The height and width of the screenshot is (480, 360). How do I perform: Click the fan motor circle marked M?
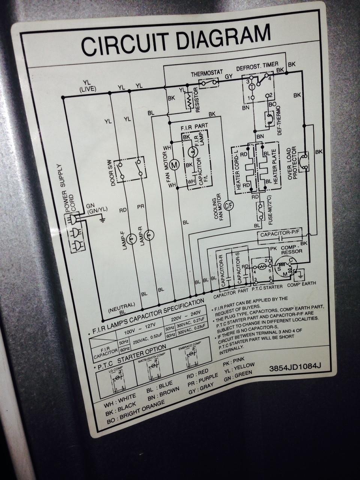point(174,164)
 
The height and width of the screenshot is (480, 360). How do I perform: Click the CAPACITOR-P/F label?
point(279,234)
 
